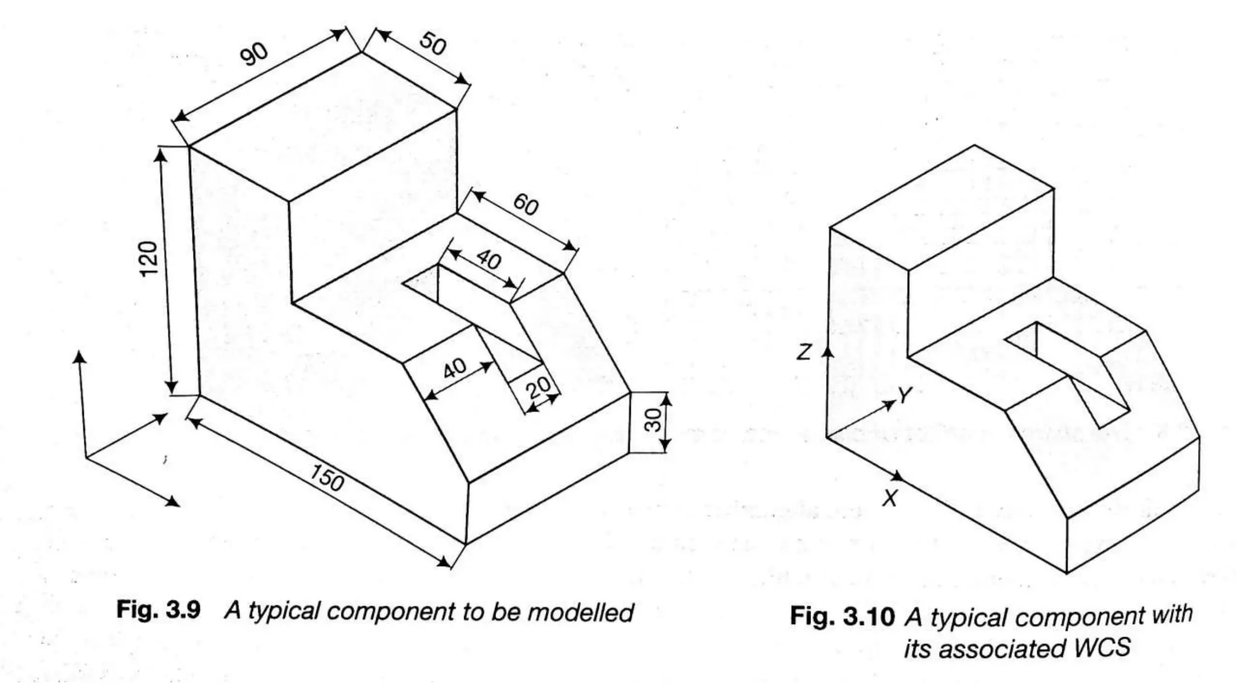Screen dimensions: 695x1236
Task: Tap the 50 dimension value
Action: [x=433, y=43]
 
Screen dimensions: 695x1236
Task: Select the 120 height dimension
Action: [x=148, y=258]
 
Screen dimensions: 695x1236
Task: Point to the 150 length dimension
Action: [x=327, y=478]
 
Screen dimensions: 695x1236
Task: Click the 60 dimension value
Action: [x=525, y=205]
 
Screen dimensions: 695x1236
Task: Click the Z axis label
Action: [x=803, y=352]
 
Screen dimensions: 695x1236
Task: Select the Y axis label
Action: [x=904, y=396]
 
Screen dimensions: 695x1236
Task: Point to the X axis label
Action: [x=890, y=499]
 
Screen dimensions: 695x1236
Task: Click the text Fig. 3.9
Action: [x=158, y=611]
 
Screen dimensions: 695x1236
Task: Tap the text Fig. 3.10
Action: [x=842, y=617]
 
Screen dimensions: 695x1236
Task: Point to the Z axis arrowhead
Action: [x=829, y=351]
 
